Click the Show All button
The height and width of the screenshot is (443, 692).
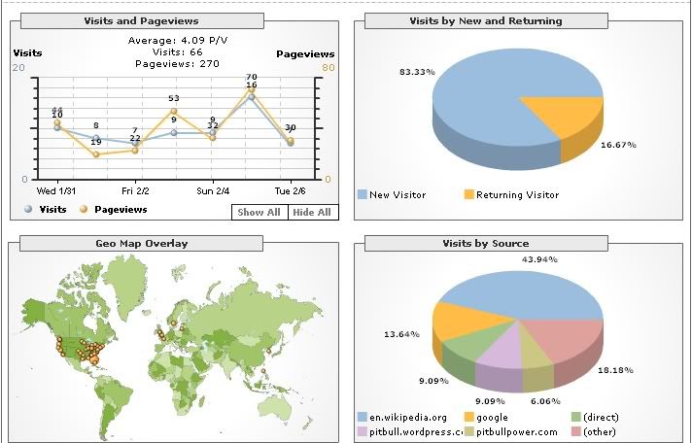coord(259,213)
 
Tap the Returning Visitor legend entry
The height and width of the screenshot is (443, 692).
coord(511,195)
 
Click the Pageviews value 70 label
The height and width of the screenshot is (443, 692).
coord(251,77)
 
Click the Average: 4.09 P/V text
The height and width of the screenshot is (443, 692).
coord(174,41)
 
